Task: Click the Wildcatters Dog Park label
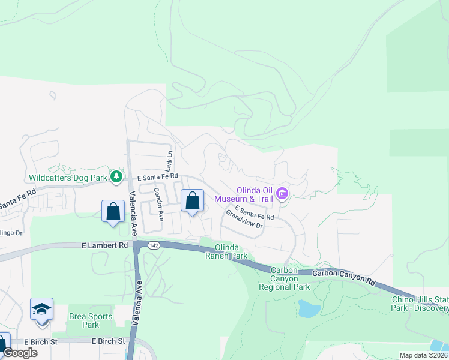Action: (x=67, y=178)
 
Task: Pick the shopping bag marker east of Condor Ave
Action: (x=192, y=202)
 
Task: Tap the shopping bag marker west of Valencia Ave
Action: (x=113, y=212)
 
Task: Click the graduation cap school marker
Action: (x=42, y=310)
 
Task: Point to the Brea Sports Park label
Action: (x=91, y=320)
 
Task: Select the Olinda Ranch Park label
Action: (x=226, y=251)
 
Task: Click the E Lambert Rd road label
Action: (x=105, y=245)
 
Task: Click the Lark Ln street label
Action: (x=170, y=160)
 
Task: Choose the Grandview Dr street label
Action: (x=245, y=218)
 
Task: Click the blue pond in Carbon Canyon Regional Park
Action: (x=309, y=308)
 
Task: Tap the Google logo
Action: (x=20, y=353)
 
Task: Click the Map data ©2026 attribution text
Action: (x=423, y=355)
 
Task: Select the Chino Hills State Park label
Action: (x=420, y=304)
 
